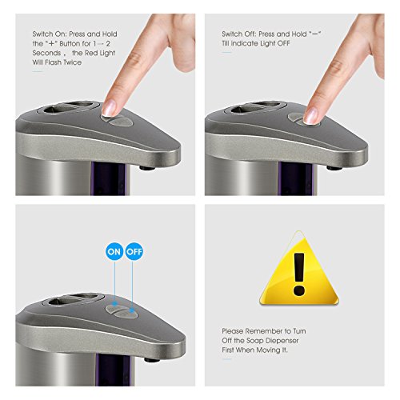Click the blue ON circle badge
click(114, 251)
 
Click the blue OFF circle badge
click(134, 251)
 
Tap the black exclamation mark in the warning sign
click(299, 274)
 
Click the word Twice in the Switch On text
click(73, 62)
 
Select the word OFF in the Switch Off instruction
click(283, 43)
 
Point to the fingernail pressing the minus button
click(310, 116)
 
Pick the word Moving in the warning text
click(267, 350)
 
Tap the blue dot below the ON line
click(114, 303)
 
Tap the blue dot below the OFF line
click(132, 310)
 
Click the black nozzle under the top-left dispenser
click(147, 168)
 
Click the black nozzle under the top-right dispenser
click(334, 168)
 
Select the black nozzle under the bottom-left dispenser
click(152, 360)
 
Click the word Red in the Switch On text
click(91, 53)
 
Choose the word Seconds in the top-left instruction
click(46, 53)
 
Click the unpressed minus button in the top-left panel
click(122, 122)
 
